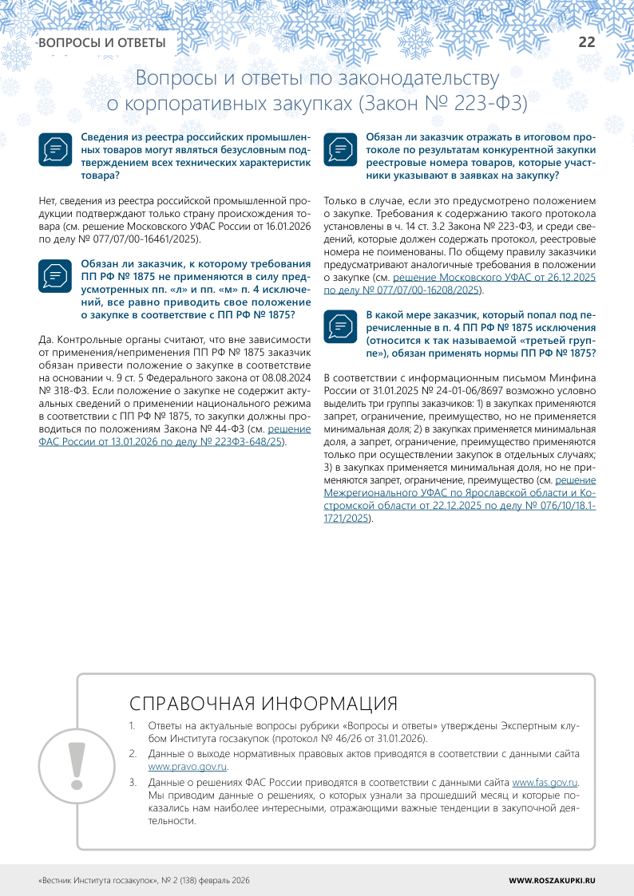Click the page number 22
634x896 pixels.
(x=587, y=42)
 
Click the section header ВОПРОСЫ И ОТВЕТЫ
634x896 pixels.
(x=102, y=43)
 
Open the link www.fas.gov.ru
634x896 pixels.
(x=545, y=784)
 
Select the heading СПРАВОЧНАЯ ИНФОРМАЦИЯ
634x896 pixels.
(x=264, y=704)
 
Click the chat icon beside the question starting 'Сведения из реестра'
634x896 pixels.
(x=55, y=149)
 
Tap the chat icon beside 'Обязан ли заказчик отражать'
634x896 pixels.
(x=339, y=149)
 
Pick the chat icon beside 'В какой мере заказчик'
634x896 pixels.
(x=339, y=326)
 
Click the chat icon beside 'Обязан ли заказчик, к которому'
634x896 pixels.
(x=55, y=275)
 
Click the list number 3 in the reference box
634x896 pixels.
(x=133, y=784)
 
